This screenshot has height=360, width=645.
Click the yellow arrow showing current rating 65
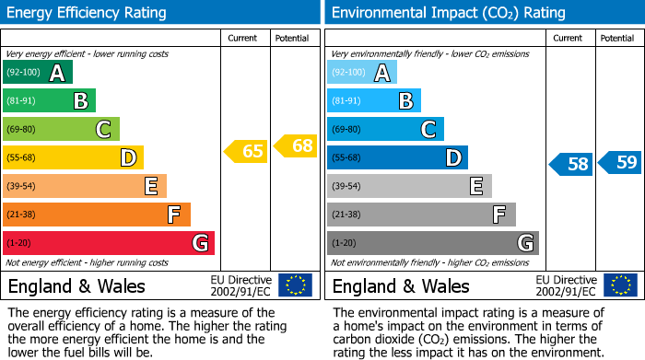[246, 151]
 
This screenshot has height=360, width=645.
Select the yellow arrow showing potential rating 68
[296, 145]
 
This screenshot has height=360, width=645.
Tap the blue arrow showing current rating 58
[570, 165]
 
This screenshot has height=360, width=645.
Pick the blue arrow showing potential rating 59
[620, 163]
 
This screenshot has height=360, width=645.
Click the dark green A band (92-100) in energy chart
[38, 73]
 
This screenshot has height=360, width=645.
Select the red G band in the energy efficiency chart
[109, 243]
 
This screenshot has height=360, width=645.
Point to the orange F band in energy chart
[97, 215]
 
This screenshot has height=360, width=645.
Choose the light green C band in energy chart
[61, 130]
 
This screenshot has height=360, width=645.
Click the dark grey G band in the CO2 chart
[432, 243]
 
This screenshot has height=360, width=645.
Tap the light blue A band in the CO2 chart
[362, 73]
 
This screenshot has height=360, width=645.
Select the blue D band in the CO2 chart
[397, 158]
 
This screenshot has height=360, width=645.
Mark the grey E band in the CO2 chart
[409, 186]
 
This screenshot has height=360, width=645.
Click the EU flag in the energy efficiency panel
[295, 285]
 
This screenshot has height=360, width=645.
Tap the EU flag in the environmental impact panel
[620, 285]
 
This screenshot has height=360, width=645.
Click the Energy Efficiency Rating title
[88, 13]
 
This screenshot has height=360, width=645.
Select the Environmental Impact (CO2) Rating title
[447, 13]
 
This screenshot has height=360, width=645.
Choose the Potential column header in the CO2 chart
[616, 39]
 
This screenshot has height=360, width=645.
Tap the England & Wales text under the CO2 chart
[401, 285]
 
